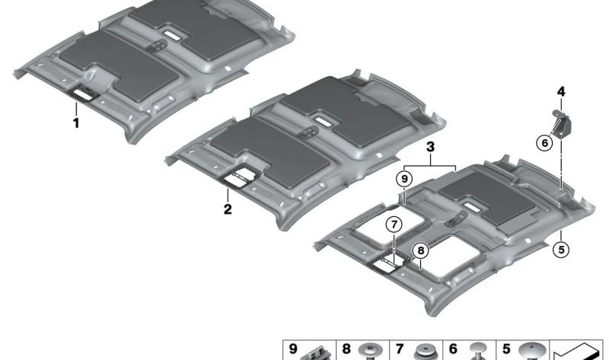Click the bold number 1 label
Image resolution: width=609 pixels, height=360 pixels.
[x=76, y=123]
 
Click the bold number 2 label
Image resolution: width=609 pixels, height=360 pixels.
[x=228, y=209]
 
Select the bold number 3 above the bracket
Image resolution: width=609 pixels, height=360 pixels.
[x=430, y=147]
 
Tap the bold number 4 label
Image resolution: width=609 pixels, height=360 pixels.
[x=561, y=92]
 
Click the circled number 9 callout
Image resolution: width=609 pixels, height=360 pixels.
[x=404, y=179]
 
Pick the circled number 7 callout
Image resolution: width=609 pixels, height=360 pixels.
[x=394, y=225]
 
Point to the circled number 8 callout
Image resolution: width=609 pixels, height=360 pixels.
[x=421, y=251]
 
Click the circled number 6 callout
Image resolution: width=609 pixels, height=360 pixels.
[x=544, y=143]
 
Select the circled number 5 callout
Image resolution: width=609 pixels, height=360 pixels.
[x=561, y=249]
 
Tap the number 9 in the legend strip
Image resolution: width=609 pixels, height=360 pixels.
[x=293, y=349]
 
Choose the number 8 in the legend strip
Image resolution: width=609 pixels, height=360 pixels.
[x=346, y=349]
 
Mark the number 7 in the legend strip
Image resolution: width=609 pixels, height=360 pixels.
[x=400, y=349]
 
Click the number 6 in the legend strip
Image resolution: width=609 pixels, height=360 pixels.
[x=453, y=349]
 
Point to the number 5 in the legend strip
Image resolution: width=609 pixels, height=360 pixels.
[x=506, y=349]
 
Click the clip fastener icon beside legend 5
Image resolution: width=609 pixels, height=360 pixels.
[x=531, y=351]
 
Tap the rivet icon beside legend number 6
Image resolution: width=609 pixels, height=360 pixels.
[x=479, y=351]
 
